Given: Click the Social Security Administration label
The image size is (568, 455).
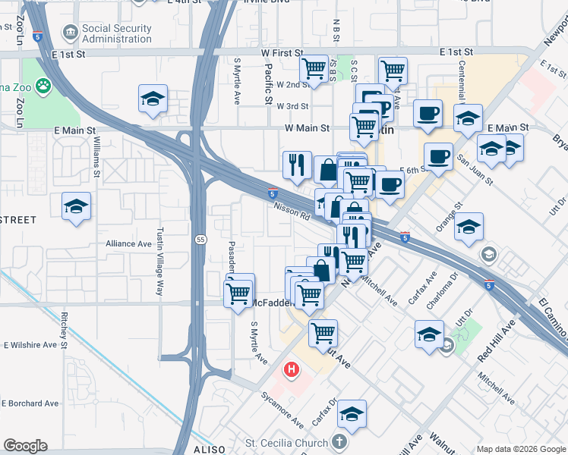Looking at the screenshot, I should point(117,34).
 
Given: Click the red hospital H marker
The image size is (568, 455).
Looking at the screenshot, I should point(290,371).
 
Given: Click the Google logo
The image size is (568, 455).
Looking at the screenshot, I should point(25,446).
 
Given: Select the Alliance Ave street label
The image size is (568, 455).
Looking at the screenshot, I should point(128,243).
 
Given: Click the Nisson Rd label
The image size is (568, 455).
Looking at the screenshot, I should point(293,212).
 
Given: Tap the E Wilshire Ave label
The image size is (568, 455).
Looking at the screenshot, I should point(30,345).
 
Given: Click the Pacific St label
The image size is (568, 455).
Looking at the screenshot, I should point(268,82).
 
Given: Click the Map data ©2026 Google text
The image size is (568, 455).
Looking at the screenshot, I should point(522,448).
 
